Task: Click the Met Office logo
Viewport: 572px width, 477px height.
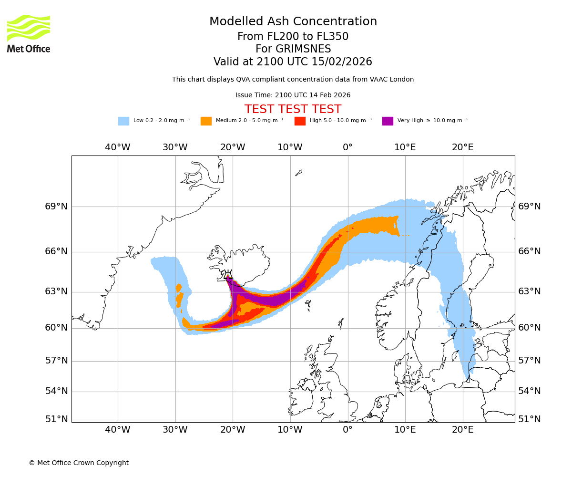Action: [x=29, y=33]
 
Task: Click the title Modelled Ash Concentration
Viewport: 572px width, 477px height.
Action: [x=293, y=22]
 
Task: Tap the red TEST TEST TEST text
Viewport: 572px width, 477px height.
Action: [x=293, y=109]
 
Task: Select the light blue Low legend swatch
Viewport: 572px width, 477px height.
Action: [x=123, y=121]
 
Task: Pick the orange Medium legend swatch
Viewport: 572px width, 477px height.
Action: [x=206, y=121]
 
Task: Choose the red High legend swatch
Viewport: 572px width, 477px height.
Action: [x=300, y=121]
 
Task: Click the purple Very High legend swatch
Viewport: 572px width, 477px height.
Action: [x=388, y=121]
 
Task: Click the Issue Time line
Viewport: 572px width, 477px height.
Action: [x=293, y=95]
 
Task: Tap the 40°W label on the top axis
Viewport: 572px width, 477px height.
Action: [x=117, y=147]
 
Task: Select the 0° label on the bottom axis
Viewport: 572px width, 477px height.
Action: [x=347, y=430]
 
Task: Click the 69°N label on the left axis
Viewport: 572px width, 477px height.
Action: [x=56, y=207]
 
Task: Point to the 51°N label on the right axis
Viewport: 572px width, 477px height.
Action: [x=529, y=419]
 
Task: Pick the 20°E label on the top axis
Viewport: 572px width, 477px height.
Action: [x=462, y=147]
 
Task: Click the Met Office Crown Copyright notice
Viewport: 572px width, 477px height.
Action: [x=79, y=463]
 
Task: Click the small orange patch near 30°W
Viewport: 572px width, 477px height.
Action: [x=179, y=296]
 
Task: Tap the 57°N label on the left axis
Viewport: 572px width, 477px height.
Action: [x=56, y=361]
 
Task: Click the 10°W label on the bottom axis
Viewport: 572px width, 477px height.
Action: [x=290, y=430]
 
